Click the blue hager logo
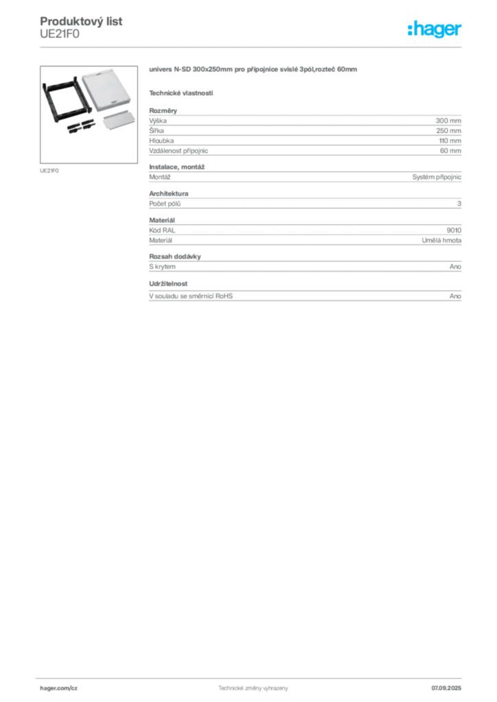(x=435, y=29)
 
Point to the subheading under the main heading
(x=182, y=92)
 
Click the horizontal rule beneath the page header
(x=252, y=47)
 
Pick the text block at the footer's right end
(x=450, y=686)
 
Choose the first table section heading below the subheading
(x=165, y=108)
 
